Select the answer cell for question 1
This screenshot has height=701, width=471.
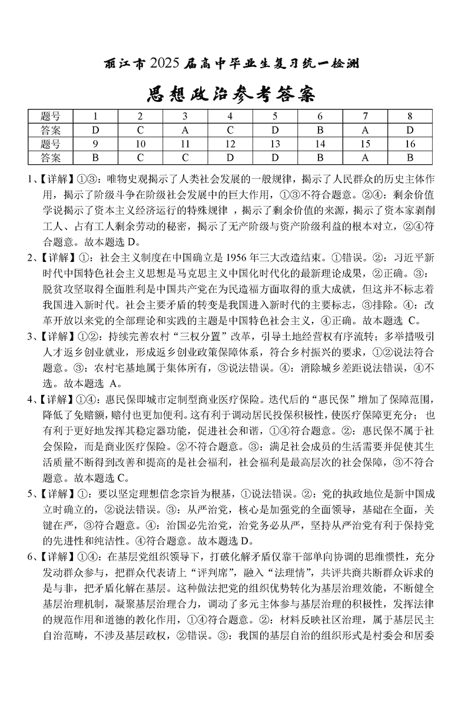click(x=95, y=129)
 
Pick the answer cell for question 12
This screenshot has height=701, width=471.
click(x=230, y=157)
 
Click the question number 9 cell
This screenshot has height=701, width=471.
click(x=95, y=144)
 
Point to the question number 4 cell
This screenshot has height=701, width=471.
click(x=230, y=116)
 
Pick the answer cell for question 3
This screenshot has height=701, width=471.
click(x=185, y=129)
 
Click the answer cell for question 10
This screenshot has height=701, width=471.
click(x=140, y=157)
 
